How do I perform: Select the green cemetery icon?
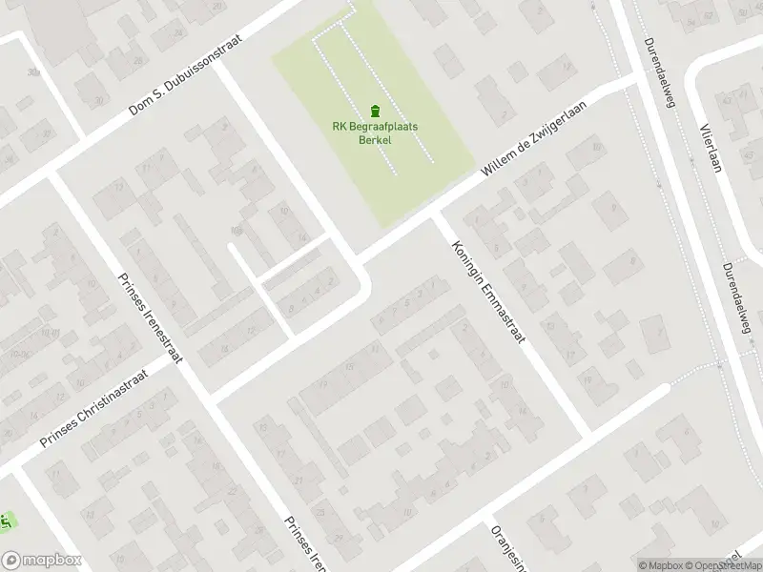[373, 109]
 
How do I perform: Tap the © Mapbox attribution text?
[661, 565]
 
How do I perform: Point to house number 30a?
[34, 71]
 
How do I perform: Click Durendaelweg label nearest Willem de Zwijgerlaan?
[658, 71]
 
